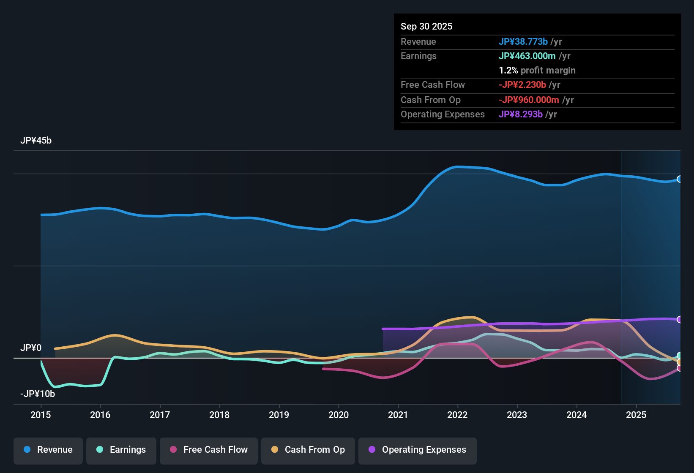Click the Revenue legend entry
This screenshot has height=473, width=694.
pyautogui.click(x=48, y=450)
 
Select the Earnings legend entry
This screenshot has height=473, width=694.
pyautogui.click(x=121, y=450)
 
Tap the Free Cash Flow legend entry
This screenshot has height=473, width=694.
pyautogui.click(x=209, y=450)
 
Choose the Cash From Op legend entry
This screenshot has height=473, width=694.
pyautogui.click(x=308, y=450)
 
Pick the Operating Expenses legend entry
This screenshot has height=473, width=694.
pyautogui.click(x=418, y=450)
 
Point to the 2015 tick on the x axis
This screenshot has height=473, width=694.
pyautogui.click(x=41, y=415)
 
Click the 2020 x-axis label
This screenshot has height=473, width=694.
pyautogui.click(x=339, y=415)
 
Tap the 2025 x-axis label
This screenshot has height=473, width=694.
pyautogui.click(x=636, y=415)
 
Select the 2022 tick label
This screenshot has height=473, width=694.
pyautogui.click(x=457, y=415)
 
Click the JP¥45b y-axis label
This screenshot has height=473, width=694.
pyautogui.click(x=36, y=141)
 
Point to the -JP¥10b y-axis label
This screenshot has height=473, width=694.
pyautogui.click(x=38, y=394)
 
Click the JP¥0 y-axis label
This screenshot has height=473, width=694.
pyautogui.click(x=31, y=348)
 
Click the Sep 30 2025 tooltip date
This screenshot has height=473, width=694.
pyautogui.click(x=426, y=26)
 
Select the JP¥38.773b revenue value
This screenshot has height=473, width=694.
pyautogui.click(x=523, y=41)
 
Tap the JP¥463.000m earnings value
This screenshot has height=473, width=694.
pyautogui.click(x=527, y=56)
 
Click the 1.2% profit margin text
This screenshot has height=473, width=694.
pyautogui.click(x=537, y=70)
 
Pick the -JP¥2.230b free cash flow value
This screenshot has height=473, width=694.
pyautogui.click(x=522, y=84)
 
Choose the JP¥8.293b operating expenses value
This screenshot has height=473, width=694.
pyautogui.click(x=520, y=114)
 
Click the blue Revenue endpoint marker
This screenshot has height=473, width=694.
pyautogui.click(x=679, y=179)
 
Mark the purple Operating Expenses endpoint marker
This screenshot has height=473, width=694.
pyautogui.click(x=679, y=319)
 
